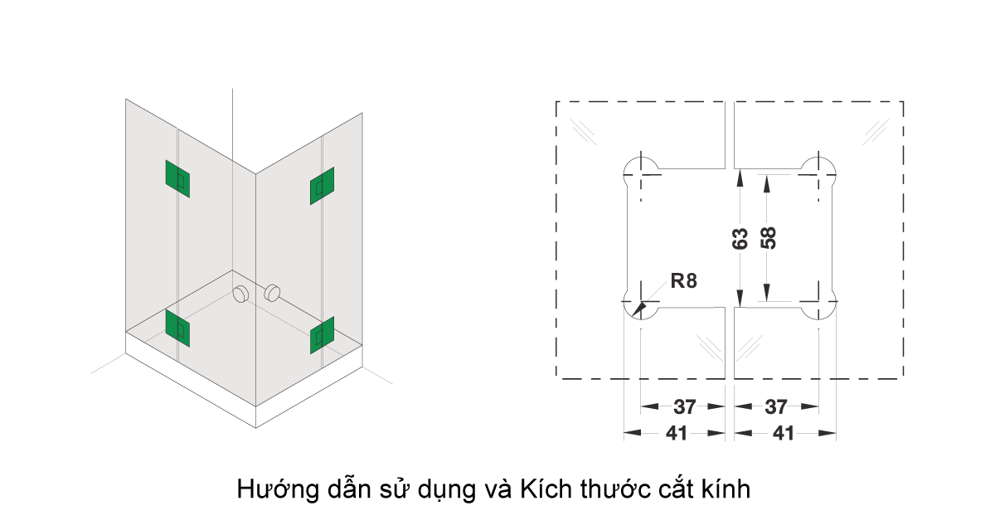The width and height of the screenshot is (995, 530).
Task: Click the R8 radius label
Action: point(683,281)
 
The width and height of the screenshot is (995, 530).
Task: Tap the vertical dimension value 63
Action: point(741,239)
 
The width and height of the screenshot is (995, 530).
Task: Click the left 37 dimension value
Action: point(684,407)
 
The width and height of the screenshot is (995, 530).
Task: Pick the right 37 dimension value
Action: point(776,407)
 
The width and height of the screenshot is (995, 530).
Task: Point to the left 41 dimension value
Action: point(677,432)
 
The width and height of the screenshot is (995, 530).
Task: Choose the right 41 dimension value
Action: point(784,432)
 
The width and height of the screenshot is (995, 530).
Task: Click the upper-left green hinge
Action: point(177,178)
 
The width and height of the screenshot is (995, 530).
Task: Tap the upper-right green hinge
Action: point(322,186)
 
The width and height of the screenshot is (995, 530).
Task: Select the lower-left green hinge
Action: point(177,328)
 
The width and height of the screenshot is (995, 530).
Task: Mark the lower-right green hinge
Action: point(322,334)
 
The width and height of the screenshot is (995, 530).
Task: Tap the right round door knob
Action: point(272,293)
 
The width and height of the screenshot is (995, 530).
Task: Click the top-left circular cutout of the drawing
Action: point(641,166)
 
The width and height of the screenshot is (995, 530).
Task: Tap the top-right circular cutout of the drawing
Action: point(818,166)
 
